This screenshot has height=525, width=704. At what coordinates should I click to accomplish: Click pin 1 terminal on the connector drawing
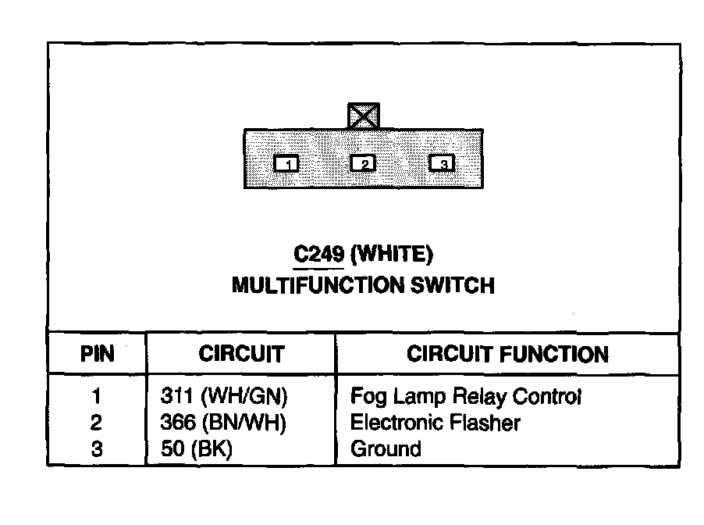pyautogui.click(x=287, y=163)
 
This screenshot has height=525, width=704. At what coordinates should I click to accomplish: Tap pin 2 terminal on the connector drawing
pyautogui.click(x=363, y=163)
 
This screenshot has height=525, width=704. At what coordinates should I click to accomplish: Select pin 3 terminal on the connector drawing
pyautogui.click(x=443, y=163)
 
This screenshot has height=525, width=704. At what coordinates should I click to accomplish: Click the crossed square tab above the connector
pyautogui.click(x=363, y=116)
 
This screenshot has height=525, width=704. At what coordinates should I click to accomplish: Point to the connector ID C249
pyautogui.click(x=318, y=254)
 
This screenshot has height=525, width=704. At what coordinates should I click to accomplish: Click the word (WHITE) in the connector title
pyautogui.click(x=393, y=254)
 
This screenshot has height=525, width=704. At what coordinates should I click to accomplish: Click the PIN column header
pyautogui.click(x=97, y=355)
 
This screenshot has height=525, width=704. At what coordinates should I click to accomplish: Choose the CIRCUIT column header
pyautogui.click(x=241, y=355)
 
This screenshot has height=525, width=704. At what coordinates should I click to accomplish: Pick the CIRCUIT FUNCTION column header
pyautogui.click(x=507, y=355)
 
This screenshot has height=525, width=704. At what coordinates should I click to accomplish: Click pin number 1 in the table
pyautogui.click(x=96, y=398)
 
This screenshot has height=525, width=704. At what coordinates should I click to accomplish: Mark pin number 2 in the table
pyautogui.click(x=96, y=423)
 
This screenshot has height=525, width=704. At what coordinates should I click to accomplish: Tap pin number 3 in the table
pyautogui.click(x=96, y=449)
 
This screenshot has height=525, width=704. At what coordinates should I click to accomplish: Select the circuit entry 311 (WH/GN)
pyautogui.click(x=224, y=398)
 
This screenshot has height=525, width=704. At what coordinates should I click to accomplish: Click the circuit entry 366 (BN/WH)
pyautogui.click(x=224, y=423)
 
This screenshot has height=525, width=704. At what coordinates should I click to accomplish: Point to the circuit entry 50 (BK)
pyautogui.click(x=196, y=449)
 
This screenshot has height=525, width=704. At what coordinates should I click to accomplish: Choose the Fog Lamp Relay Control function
pyautogui.click(x=466, y=398)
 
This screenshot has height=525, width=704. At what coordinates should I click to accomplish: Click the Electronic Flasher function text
pyautogui.click(x=436, y=423)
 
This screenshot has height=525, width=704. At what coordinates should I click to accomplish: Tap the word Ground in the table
pyautogui.click(x=386, y=449)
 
